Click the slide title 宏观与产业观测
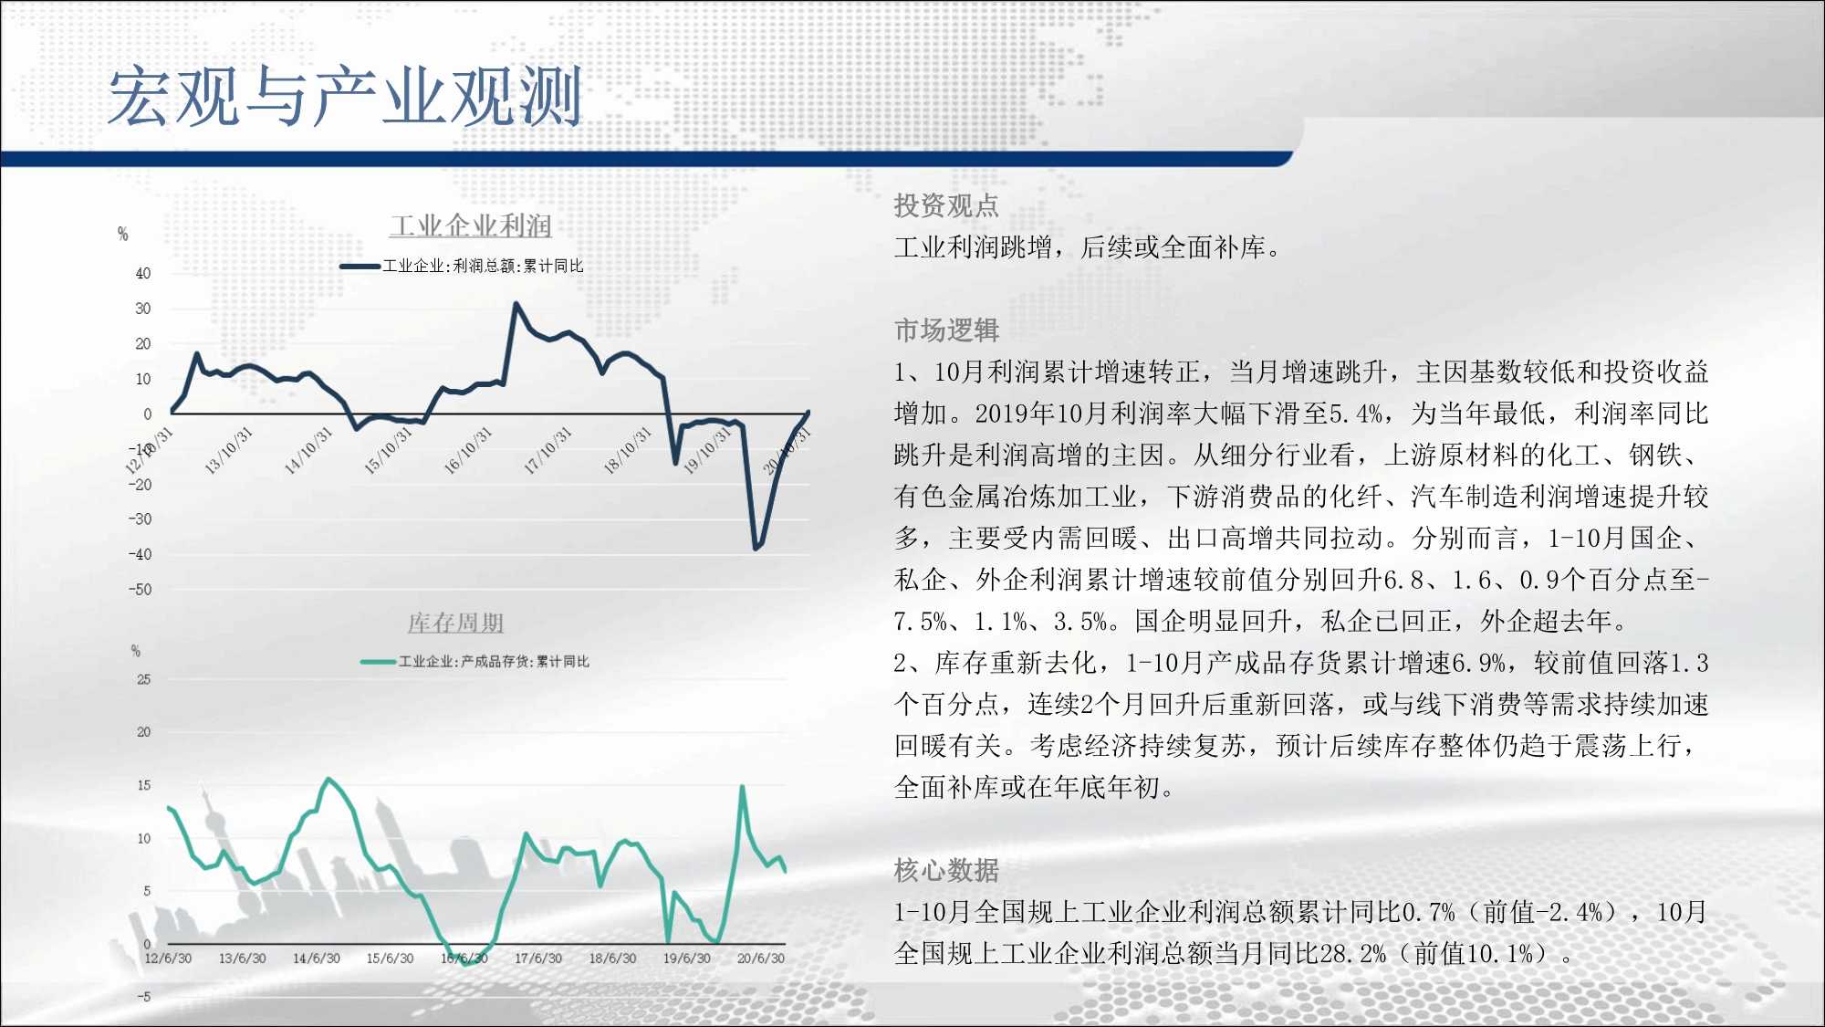(x=345, y=96)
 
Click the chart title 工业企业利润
(x=471, y=225)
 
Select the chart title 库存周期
(x=455, y=623)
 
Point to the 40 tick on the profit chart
(x=143, y=273)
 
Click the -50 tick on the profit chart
(x=140, y=590)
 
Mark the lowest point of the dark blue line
(x=756, y=548)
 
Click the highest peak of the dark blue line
(x=516, y=304)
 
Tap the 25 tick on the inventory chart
(x=143, y=679)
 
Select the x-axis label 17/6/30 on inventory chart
(x=538, y=959)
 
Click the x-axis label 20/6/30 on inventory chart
(x=761, y=959)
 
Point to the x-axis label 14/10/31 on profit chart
(x=308, y=451)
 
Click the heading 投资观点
(x=946, y=205)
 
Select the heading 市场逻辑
(x=946, y=330)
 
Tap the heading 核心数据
(x=946, y=870)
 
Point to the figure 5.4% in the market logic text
(x=1356, y=414)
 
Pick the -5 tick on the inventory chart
(x=144, y=997)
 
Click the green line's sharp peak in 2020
(x=743, y=786)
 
